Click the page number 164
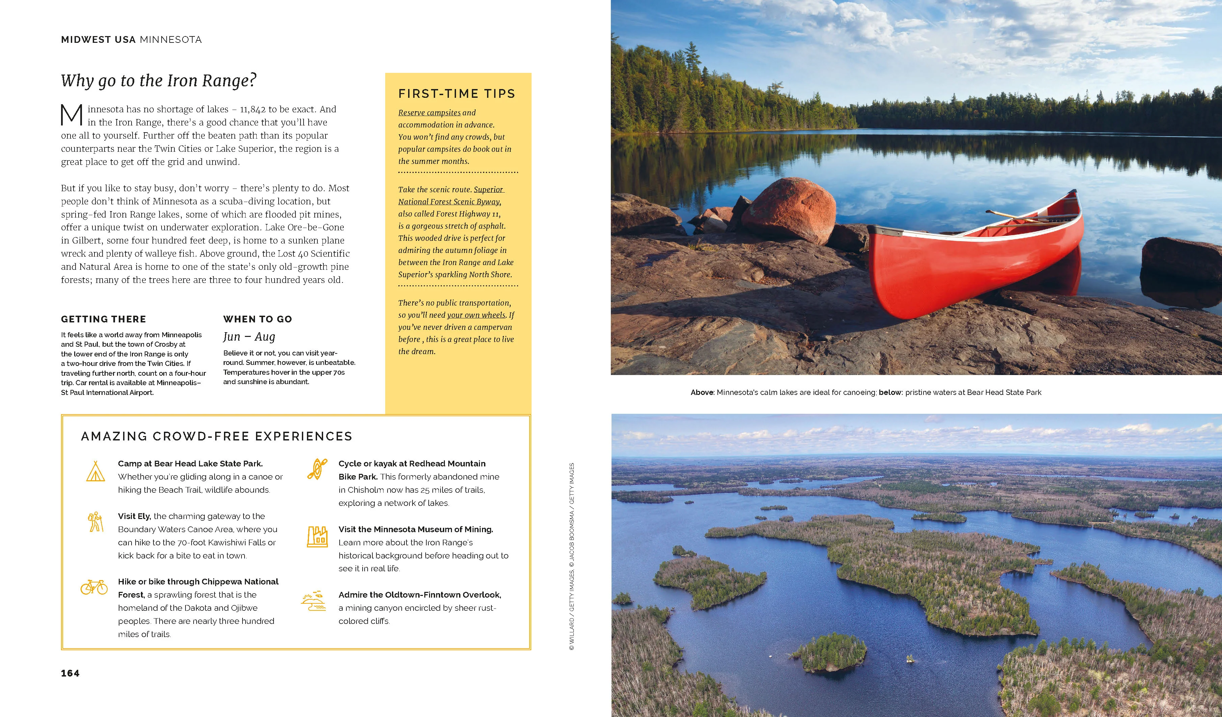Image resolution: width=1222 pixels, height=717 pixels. [70, 673]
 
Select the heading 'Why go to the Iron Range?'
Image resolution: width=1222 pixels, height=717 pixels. [159, 81]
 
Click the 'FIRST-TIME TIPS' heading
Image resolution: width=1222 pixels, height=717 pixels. [456, 93]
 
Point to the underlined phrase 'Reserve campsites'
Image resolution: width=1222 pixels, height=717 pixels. [429, 112]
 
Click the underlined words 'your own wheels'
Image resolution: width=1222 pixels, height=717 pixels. [476, 315]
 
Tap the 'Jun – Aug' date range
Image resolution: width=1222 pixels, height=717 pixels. [249, 337]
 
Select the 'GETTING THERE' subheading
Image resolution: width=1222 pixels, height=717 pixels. [103, 319]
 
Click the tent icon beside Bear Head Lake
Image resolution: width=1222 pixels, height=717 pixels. [95, 471]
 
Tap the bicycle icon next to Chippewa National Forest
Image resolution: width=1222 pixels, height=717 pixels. [94, 587]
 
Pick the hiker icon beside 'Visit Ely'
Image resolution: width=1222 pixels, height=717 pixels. [95, 522]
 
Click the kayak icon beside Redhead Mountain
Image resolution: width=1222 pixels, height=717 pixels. [317, 469]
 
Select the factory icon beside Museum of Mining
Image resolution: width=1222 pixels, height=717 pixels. [317, 537]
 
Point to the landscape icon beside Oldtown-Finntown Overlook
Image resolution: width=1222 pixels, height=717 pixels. [313, 601]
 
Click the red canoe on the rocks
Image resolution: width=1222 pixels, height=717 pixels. [975, 262]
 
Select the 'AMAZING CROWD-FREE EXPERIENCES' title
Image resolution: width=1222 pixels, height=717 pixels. [216, 436]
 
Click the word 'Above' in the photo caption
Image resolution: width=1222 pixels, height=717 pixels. [702, 392]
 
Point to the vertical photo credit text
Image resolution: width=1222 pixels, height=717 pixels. [572, 556]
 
